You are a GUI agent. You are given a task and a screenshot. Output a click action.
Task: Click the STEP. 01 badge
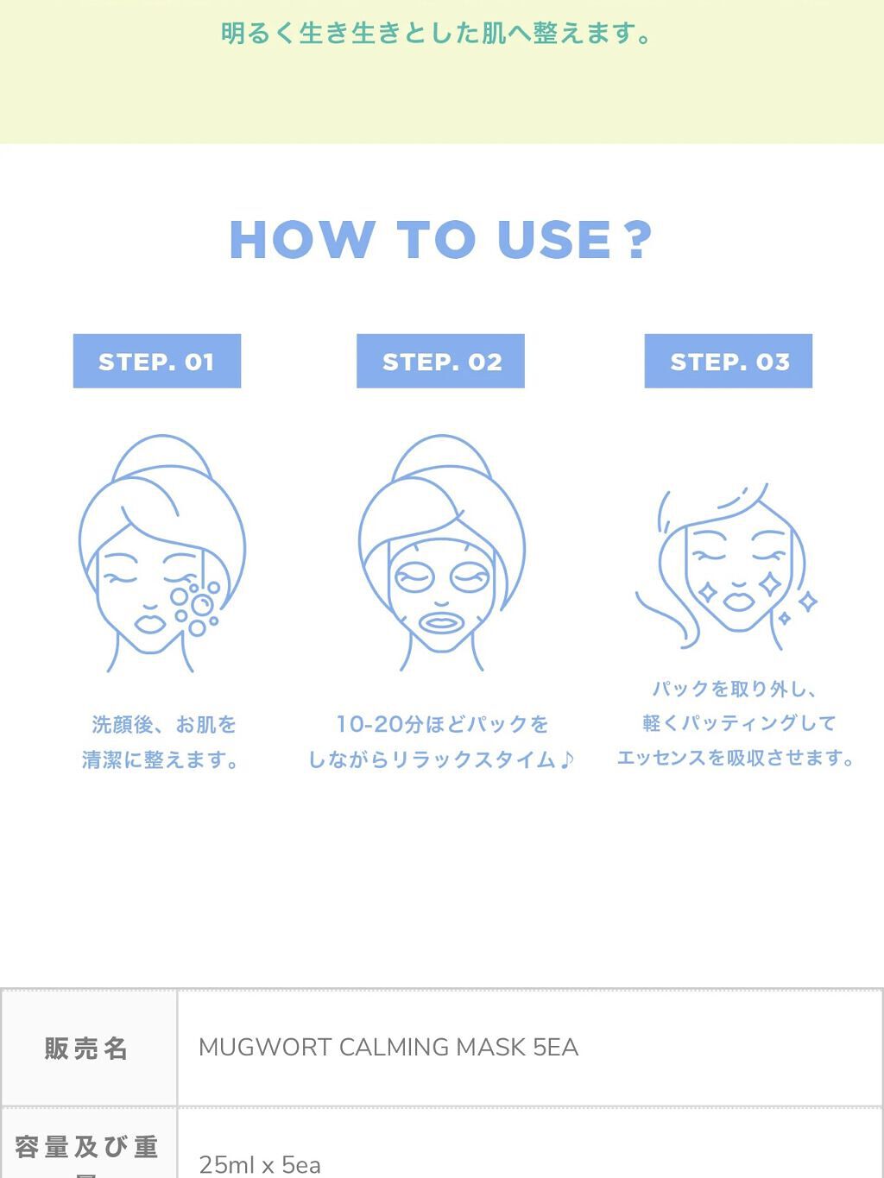(x=157, y=361)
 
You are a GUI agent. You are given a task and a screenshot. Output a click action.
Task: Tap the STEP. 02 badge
(x=440, y=361)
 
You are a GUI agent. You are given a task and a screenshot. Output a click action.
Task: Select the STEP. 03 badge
(x=729, y=361)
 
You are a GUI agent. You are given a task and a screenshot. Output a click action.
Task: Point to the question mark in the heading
(x=638, y=239)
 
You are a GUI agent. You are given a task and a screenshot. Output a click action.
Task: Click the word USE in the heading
(x=554, y=239)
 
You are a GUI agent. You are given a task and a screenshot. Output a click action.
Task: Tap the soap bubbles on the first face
(x=195, y=608)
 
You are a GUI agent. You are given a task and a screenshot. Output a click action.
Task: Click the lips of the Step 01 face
(x=150, y=624)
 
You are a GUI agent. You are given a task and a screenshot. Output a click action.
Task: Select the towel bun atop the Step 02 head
(x=441, y=457)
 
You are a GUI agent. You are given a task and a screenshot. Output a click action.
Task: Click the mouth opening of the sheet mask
(x=440, y=624)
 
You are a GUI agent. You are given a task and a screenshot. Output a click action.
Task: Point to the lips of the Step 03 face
(x=739, y=600)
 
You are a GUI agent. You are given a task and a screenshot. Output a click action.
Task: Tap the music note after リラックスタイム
(x=565, y=759)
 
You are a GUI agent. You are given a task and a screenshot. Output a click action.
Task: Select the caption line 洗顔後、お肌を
(x=164, y=725)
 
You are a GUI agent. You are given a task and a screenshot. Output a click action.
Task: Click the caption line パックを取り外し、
(x=736, y=689)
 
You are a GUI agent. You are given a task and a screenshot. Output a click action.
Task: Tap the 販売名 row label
(x=85, y=1049)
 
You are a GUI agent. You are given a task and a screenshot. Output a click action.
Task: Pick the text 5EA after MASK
(x=555, y=1047)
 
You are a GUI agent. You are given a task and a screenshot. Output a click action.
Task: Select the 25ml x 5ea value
(x=260, y=1165)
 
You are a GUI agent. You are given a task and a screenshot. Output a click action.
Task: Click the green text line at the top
(x=437, y=34)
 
